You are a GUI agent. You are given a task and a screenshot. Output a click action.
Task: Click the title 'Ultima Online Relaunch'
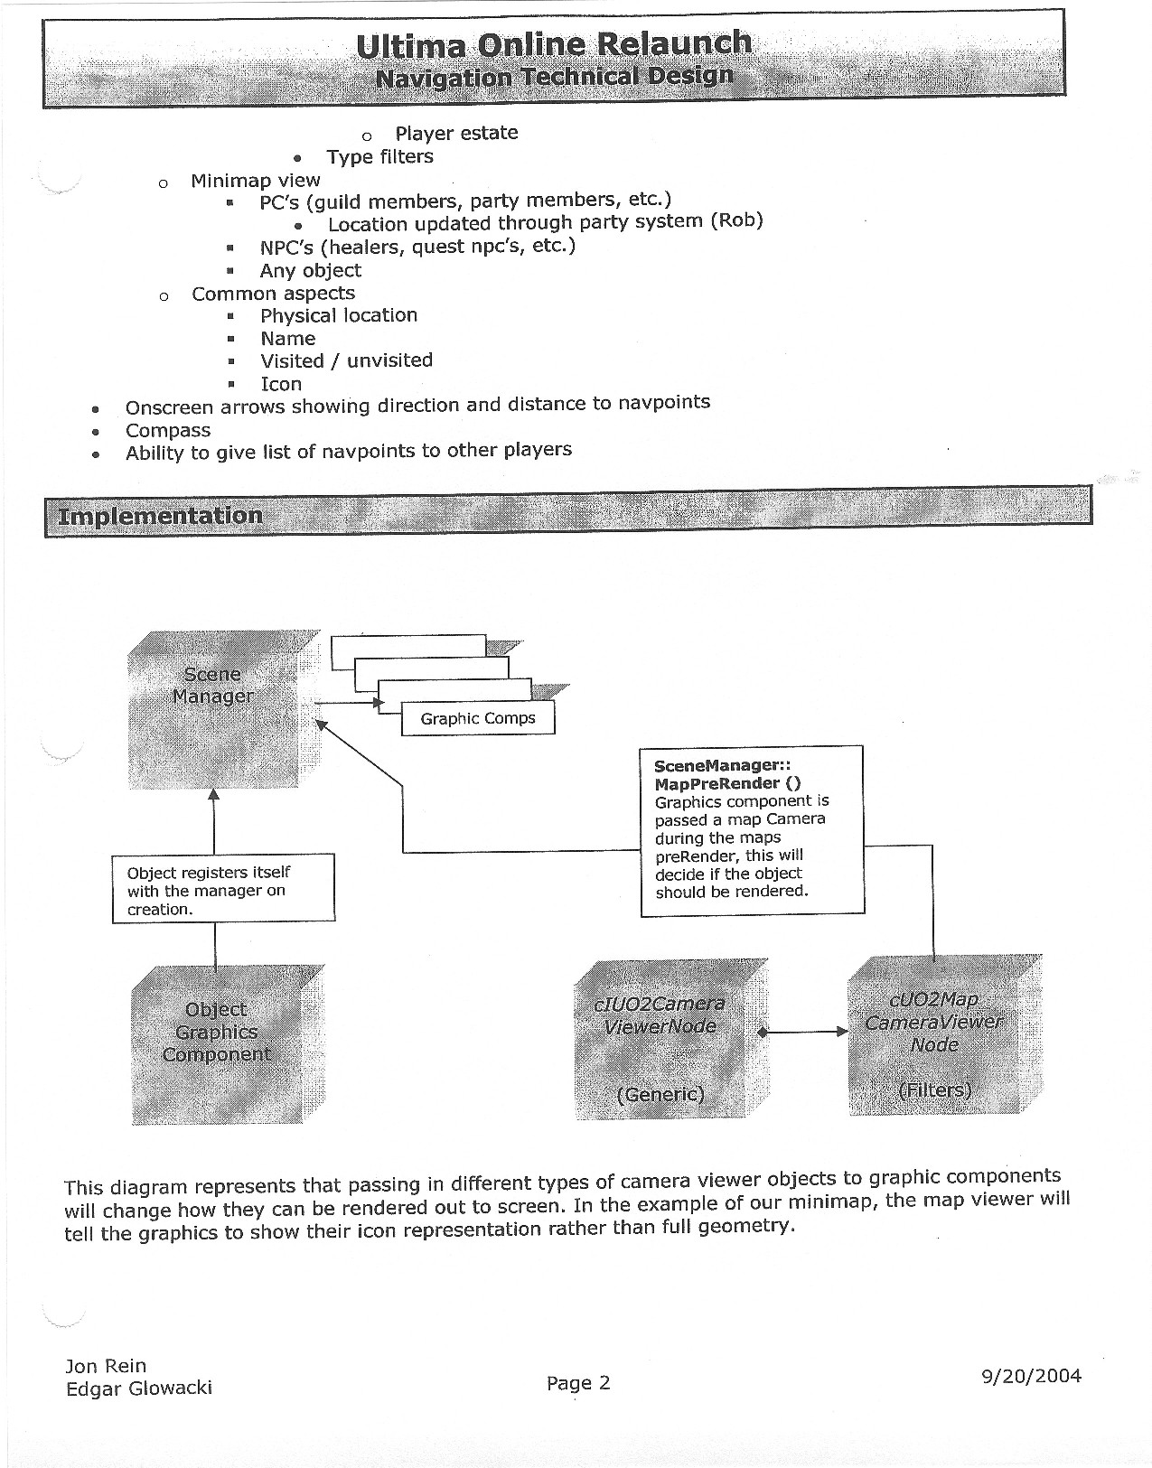pyautogui.click(x=553, y=44)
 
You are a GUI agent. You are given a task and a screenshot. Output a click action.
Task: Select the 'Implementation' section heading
pyautogui.click(x=160, y=516)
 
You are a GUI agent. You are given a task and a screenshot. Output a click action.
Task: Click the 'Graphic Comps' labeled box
pyautogui.click(x=477, y=719)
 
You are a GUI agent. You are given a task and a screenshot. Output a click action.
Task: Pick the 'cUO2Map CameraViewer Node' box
pyautogui.click(x=934, y=1034)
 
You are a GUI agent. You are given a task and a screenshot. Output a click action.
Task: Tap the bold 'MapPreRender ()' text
pyautogui.click(x=727, y=783)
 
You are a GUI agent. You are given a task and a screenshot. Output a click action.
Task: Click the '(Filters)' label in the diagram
pyautogui.click(x=934, y=1089)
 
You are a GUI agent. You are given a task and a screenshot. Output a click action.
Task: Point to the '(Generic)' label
pyautogui.click(x=660, y=1094)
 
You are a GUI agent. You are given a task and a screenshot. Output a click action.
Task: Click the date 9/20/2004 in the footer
pyautogui.click(x=1031, y=1376)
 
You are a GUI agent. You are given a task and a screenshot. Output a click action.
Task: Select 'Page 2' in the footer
pyautogui.click(x=578, y=1383)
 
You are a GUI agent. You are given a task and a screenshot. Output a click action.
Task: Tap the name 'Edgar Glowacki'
pyautogui.click(x=139, y=1389)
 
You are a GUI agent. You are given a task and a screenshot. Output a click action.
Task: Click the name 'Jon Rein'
pyautogui.click(x=106, y=1366)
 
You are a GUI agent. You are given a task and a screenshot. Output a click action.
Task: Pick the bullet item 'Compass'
pyautogui.click(x=168, y=431)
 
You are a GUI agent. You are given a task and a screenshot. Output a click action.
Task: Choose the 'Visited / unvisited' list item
pyautogui.click(x=346, y=360)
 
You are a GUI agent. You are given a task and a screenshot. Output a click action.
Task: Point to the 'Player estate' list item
pyautogui.click(x=456, y=134)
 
